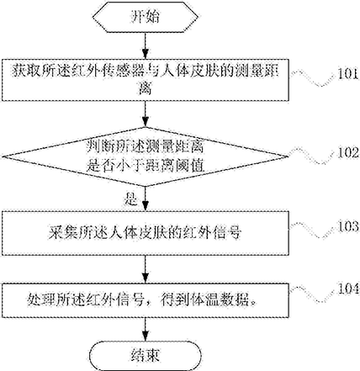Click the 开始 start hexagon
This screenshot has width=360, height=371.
pos(146,17)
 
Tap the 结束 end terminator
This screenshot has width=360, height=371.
pos(146,356)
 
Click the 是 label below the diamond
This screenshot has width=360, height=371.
pos(131,199)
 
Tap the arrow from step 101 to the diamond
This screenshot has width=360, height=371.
pos(146,114)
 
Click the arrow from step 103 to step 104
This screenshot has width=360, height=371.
pos(146,269)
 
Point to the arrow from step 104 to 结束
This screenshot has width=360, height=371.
pos(146,329)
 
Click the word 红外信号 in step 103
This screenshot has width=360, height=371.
pos(212,233)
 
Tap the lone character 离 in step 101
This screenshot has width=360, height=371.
pos(146,88)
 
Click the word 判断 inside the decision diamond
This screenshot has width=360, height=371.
pos(100,147)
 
